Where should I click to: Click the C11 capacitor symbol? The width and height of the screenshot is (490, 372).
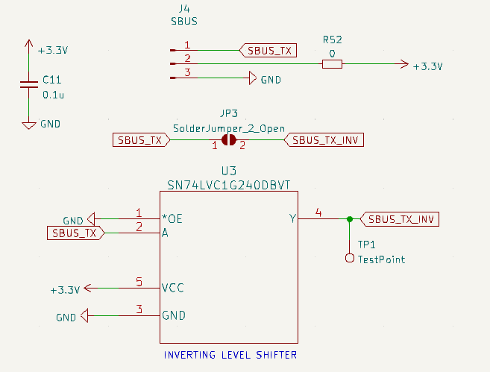(29, 84)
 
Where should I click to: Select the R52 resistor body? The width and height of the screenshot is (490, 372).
(332, 64)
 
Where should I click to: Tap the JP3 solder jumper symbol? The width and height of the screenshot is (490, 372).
(229, 140)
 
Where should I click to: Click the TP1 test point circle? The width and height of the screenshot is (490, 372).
(350, 258)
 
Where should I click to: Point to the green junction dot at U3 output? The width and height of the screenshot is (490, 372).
(350, 219)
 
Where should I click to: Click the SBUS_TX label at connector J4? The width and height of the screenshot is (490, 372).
(268, 50)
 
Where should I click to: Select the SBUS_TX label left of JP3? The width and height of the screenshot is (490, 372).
(141, 140)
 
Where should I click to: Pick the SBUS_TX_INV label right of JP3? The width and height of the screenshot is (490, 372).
(324, 140)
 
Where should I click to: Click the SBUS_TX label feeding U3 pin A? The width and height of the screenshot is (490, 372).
(75, 233)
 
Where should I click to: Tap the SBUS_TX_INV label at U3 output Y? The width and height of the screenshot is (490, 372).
(400, 219)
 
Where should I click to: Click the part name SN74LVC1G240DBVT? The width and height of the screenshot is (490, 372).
(229, 185)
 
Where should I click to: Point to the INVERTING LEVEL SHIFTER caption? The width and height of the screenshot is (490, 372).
(230, 355)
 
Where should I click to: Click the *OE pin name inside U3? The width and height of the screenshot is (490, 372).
(172, 219)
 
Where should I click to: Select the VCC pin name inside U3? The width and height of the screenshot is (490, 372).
(173, 288)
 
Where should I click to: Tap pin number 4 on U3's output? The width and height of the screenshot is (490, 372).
(318, 212)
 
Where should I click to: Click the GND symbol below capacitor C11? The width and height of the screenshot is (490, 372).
(29, 125)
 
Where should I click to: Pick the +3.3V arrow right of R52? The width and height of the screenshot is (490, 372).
(401, 64)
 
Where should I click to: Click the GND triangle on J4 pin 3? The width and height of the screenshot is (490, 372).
(253, 78)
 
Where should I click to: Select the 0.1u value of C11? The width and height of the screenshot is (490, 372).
(54, 95)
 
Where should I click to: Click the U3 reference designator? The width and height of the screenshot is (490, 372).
(229, 171)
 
